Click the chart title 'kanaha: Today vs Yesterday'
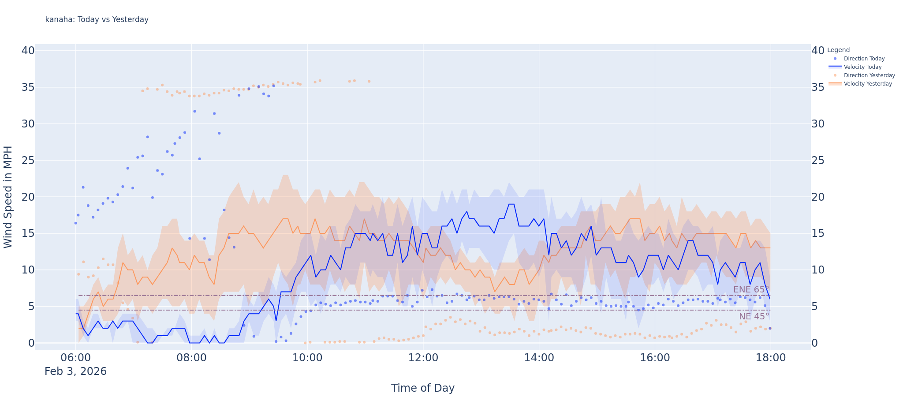[97, 19]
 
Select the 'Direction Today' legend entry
[864, 59]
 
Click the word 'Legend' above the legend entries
[838, 50]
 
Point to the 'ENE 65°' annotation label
[751, 290]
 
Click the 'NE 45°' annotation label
[754, 316]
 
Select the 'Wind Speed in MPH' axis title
[8, 197]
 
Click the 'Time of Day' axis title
[422, 388]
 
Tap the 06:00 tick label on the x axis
[75, 358]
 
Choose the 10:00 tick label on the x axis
[307, 358]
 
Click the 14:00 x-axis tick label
[539, 358]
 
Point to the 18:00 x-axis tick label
[770, 358]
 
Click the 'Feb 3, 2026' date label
[75, 371]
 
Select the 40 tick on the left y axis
[28, 51]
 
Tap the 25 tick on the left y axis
[28, 160]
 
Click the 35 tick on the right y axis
[818, 87]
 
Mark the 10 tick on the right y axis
[818, 270]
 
